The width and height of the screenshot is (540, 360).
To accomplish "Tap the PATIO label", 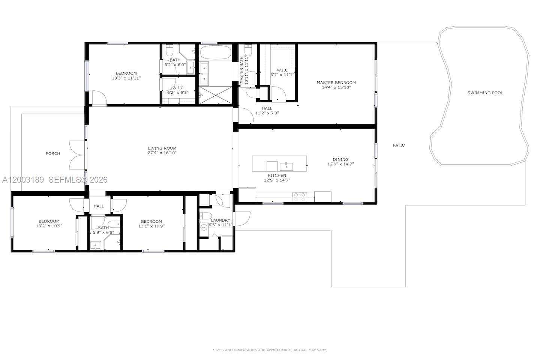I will click(399, 145).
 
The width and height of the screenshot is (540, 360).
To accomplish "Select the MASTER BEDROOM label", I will click(336, 82).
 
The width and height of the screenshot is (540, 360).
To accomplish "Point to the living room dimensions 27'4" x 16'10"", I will click(162, 153).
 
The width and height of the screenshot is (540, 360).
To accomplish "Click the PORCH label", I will click(53, 153).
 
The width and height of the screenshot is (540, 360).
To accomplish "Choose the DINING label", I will click(340, 159).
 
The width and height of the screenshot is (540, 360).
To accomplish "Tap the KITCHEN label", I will click(277, 175).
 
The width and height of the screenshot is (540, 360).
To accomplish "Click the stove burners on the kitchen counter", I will click(300, 197).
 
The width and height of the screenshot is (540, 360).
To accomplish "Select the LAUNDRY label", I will click(220, 220).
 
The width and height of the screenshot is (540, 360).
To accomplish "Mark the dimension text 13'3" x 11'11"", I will click(126, 78).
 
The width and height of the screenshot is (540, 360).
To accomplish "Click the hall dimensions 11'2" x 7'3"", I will click(267, 113).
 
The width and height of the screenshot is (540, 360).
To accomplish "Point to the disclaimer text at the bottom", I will click(270, 350).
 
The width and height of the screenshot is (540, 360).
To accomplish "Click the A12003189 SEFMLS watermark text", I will click(55, 180).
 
